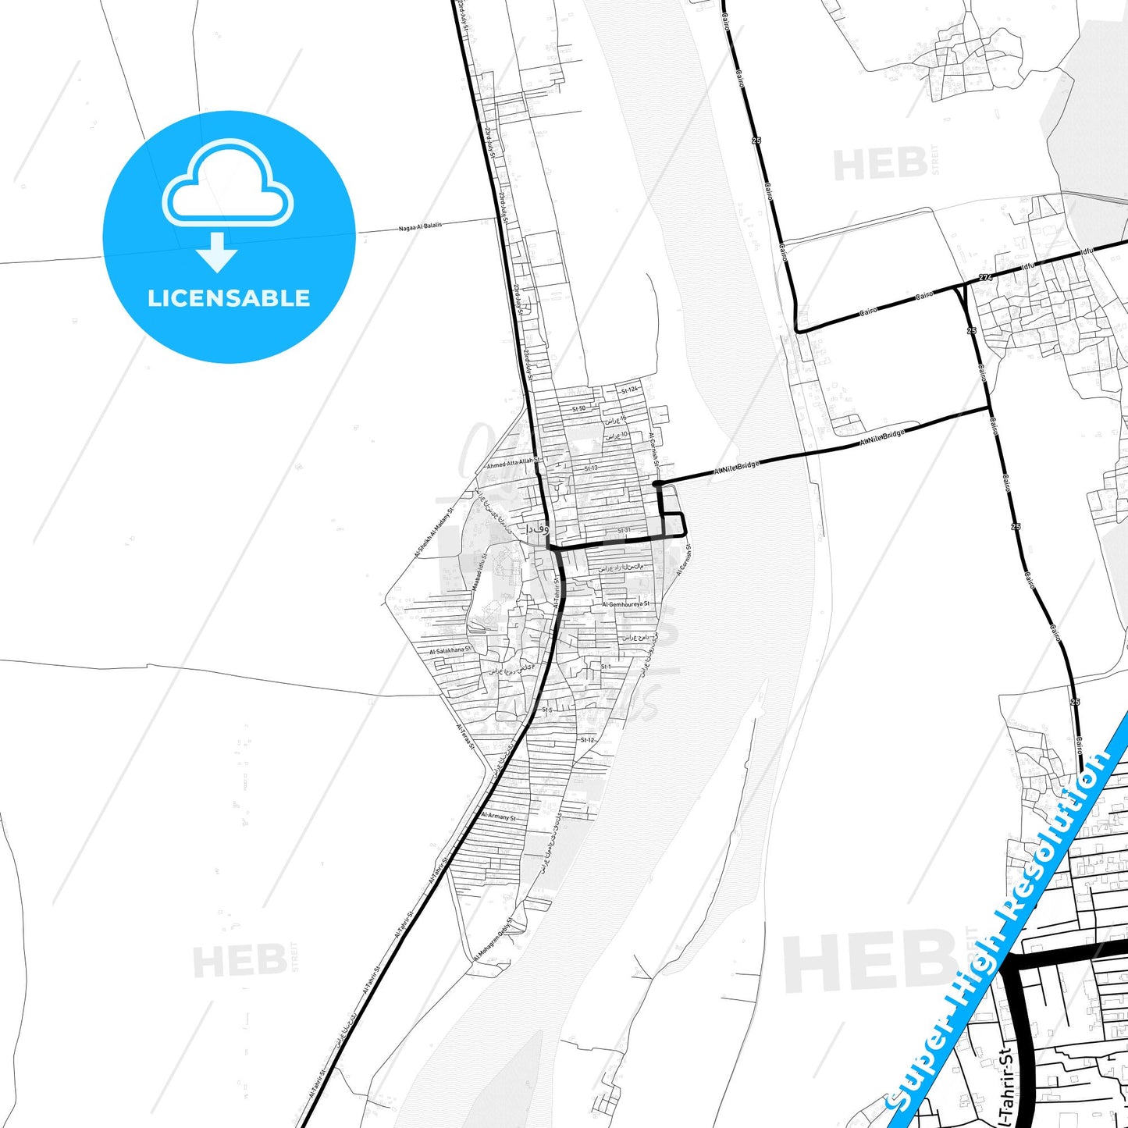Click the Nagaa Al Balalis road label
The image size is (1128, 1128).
pos(420,226)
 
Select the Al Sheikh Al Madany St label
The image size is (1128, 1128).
pos(434,532)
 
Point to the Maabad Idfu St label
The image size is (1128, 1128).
pos(478,571)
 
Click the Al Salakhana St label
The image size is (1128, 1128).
pos(450,650)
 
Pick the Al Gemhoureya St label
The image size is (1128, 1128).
pos(625,604)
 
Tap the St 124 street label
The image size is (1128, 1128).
pos(629,390)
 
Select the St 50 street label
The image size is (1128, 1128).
pos(578,409)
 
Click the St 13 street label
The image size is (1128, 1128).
pos(591,468)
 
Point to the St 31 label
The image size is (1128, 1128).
pos(624,531)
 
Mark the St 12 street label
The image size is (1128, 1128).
pos(587,740)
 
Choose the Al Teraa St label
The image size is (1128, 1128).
pos(465,736)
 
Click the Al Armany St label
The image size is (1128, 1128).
pos(498,817)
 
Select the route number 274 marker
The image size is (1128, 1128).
pos(985,278)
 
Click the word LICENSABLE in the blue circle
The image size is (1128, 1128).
pos(229,298)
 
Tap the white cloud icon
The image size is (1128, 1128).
pos(227,183)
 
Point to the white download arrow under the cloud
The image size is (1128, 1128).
pos(217,252)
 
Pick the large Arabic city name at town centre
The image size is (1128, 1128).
pos(537,528)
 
